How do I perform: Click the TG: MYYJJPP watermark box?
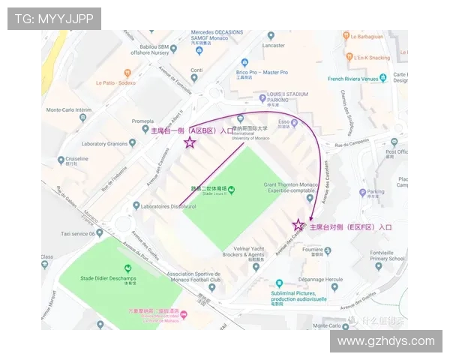pos(54,19)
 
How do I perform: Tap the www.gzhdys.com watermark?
pos(385,341)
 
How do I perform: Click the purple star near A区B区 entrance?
pos(190,142)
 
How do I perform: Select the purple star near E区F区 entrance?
pos(298,225)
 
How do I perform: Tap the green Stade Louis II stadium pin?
pos(231,189)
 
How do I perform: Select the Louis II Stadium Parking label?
pos(287,96)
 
